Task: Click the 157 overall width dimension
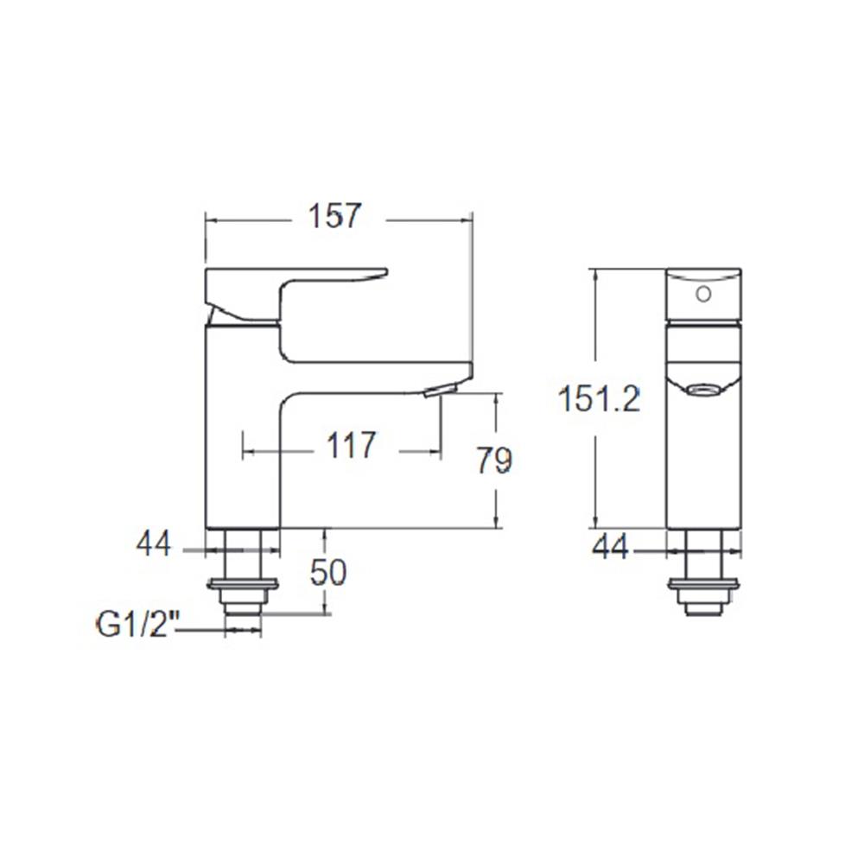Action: (334, 216)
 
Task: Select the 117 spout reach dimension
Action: (352, 447)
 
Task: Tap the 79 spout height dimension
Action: (494, 461)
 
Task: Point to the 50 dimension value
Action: (327, 572)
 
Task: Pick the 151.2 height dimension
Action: (599, 399)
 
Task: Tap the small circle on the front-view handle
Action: (703, 294)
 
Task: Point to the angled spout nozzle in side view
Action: (440, 391)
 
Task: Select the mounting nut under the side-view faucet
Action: (243, 589)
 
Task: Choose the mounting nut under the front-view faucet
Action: (703, 589)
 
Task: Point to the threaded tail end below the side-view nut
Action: (243, 608)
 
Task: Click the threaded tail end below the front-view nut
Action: (703, 608)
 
